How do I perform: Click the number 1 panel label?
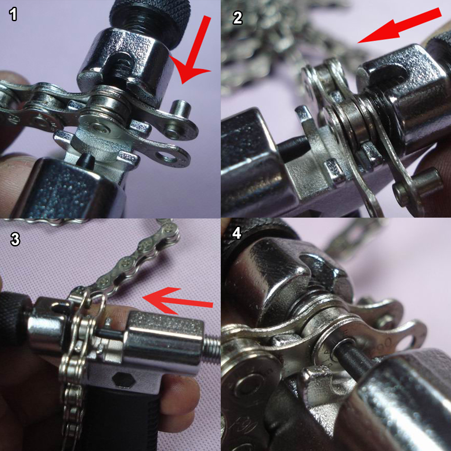click(13, 14)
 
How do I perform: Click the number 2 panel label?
click(237, 18)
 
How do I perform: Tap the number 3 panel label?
click(15, 239)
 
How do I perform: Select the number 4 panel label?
click(237, 233)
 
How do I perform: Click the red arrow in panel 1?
click(193, 52)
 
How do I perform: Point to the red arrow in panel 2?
click(399, 26)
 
